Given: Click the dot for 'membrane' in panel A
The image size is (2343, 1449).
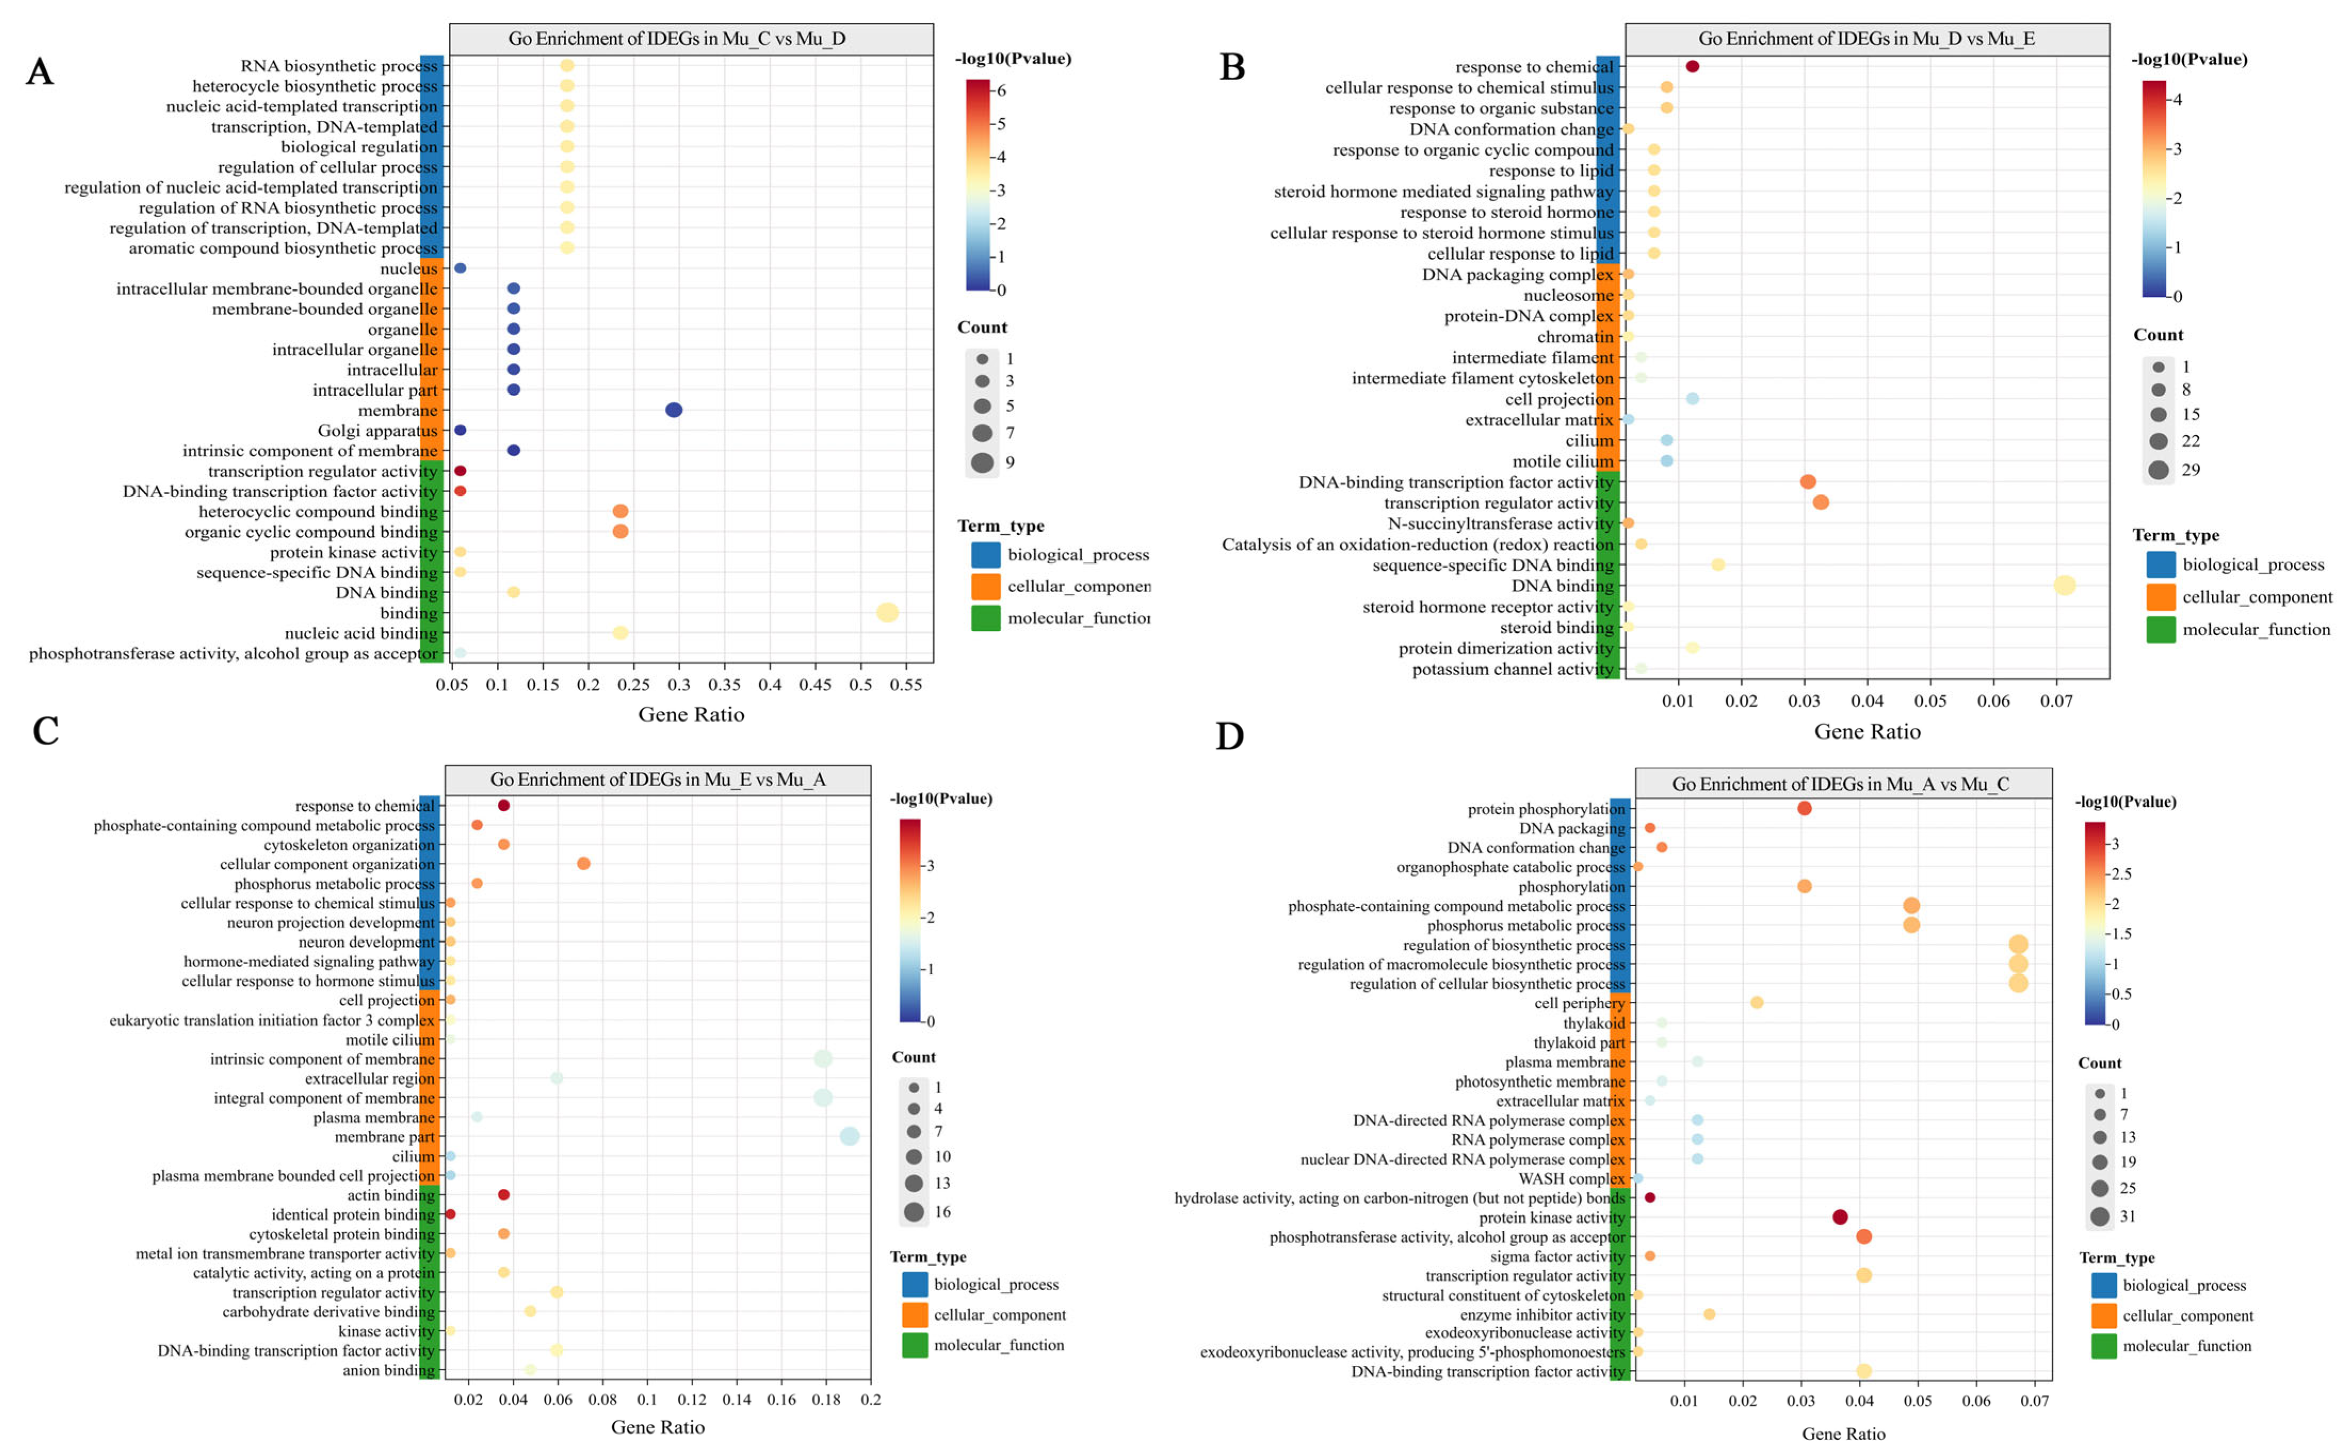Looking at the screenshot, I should click(x=674, y=410).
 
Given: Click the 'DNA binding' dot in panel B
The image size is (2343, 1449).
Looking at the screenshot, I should click(x=2064, y=586).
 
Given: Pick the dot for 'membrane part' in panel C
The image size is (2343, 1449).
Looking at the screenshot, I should click(x=849, y=1137).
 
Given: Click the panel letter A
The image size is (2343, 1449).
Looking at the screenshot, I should click(x=39, y=72).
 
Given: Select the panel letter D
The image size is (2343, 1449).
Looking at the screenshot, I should click(x=1230, y=736).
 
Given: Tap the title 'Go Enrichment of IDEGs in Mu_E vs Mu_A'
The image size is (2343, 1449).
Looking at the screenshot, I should click(x=658, y=779).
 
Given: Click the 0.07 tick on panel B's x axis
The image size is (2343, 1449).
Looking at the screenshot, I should click(x=2056, y=701).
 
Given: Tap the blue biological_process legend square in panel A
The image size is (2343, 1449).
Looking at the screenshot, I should click(x=986, y=555).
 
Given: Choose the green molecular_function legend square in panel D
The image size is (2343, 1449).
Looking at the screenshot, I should click(x=2104, y=1346).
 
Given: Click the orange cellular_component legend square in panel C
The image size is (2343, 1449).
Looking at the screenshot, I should click(x=915, y=1315).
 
